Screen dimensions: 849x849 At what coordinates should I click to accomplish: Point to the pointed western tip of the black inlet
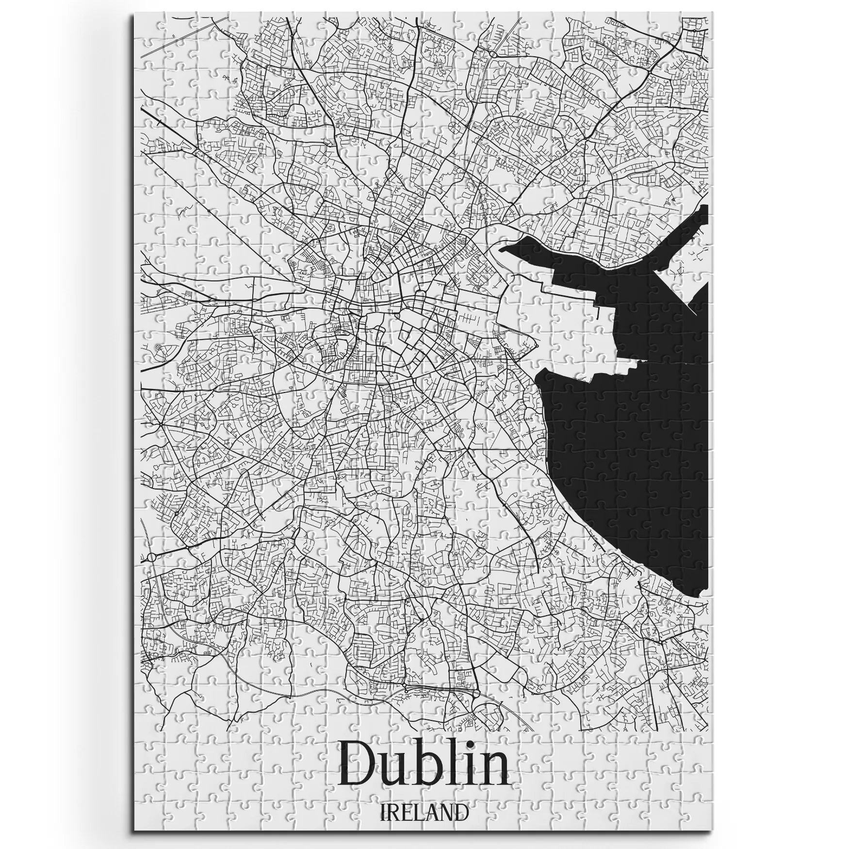(502, 249)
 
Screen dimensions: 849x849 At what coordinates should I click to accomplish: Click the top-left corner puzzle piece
(144, 21)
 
